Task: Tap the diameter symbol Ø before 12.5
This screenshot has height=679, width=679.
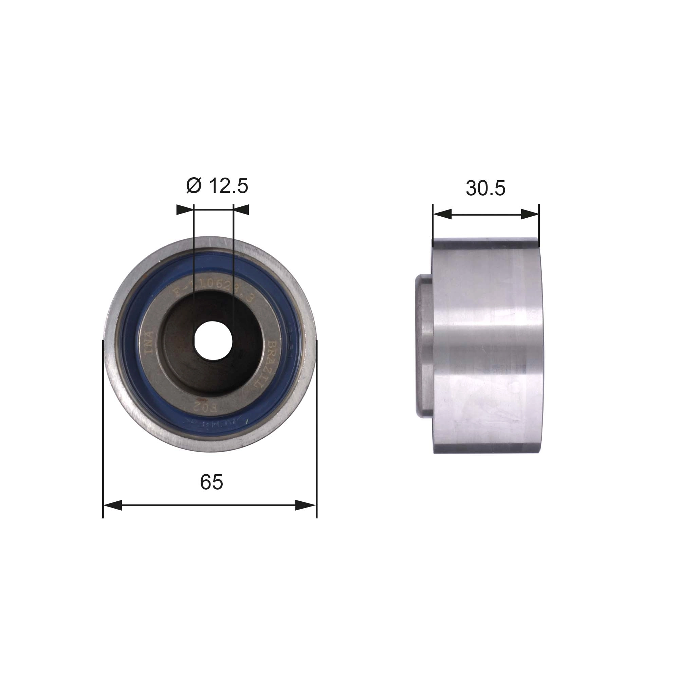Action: tap(194, 186)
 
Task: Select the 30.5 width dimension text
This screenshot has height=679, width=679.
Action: tap(485, 188)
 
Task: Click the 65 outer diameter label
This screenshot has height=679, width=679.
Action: tap(211, 482)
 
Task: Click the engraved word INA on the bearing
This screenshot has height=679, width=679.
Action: tap(150, 343)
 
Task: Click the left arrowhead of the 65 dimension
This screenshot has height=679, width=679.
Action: tap(112, 506)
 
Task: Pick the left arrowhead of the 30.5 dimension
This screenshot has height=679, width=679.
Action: tap(442, 214)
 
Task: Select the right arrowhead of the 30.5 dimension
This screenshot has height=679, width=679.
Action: tap(530, 214)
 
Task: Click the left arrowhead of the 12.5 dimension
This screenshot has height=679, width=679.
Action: tap(185, 210)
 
